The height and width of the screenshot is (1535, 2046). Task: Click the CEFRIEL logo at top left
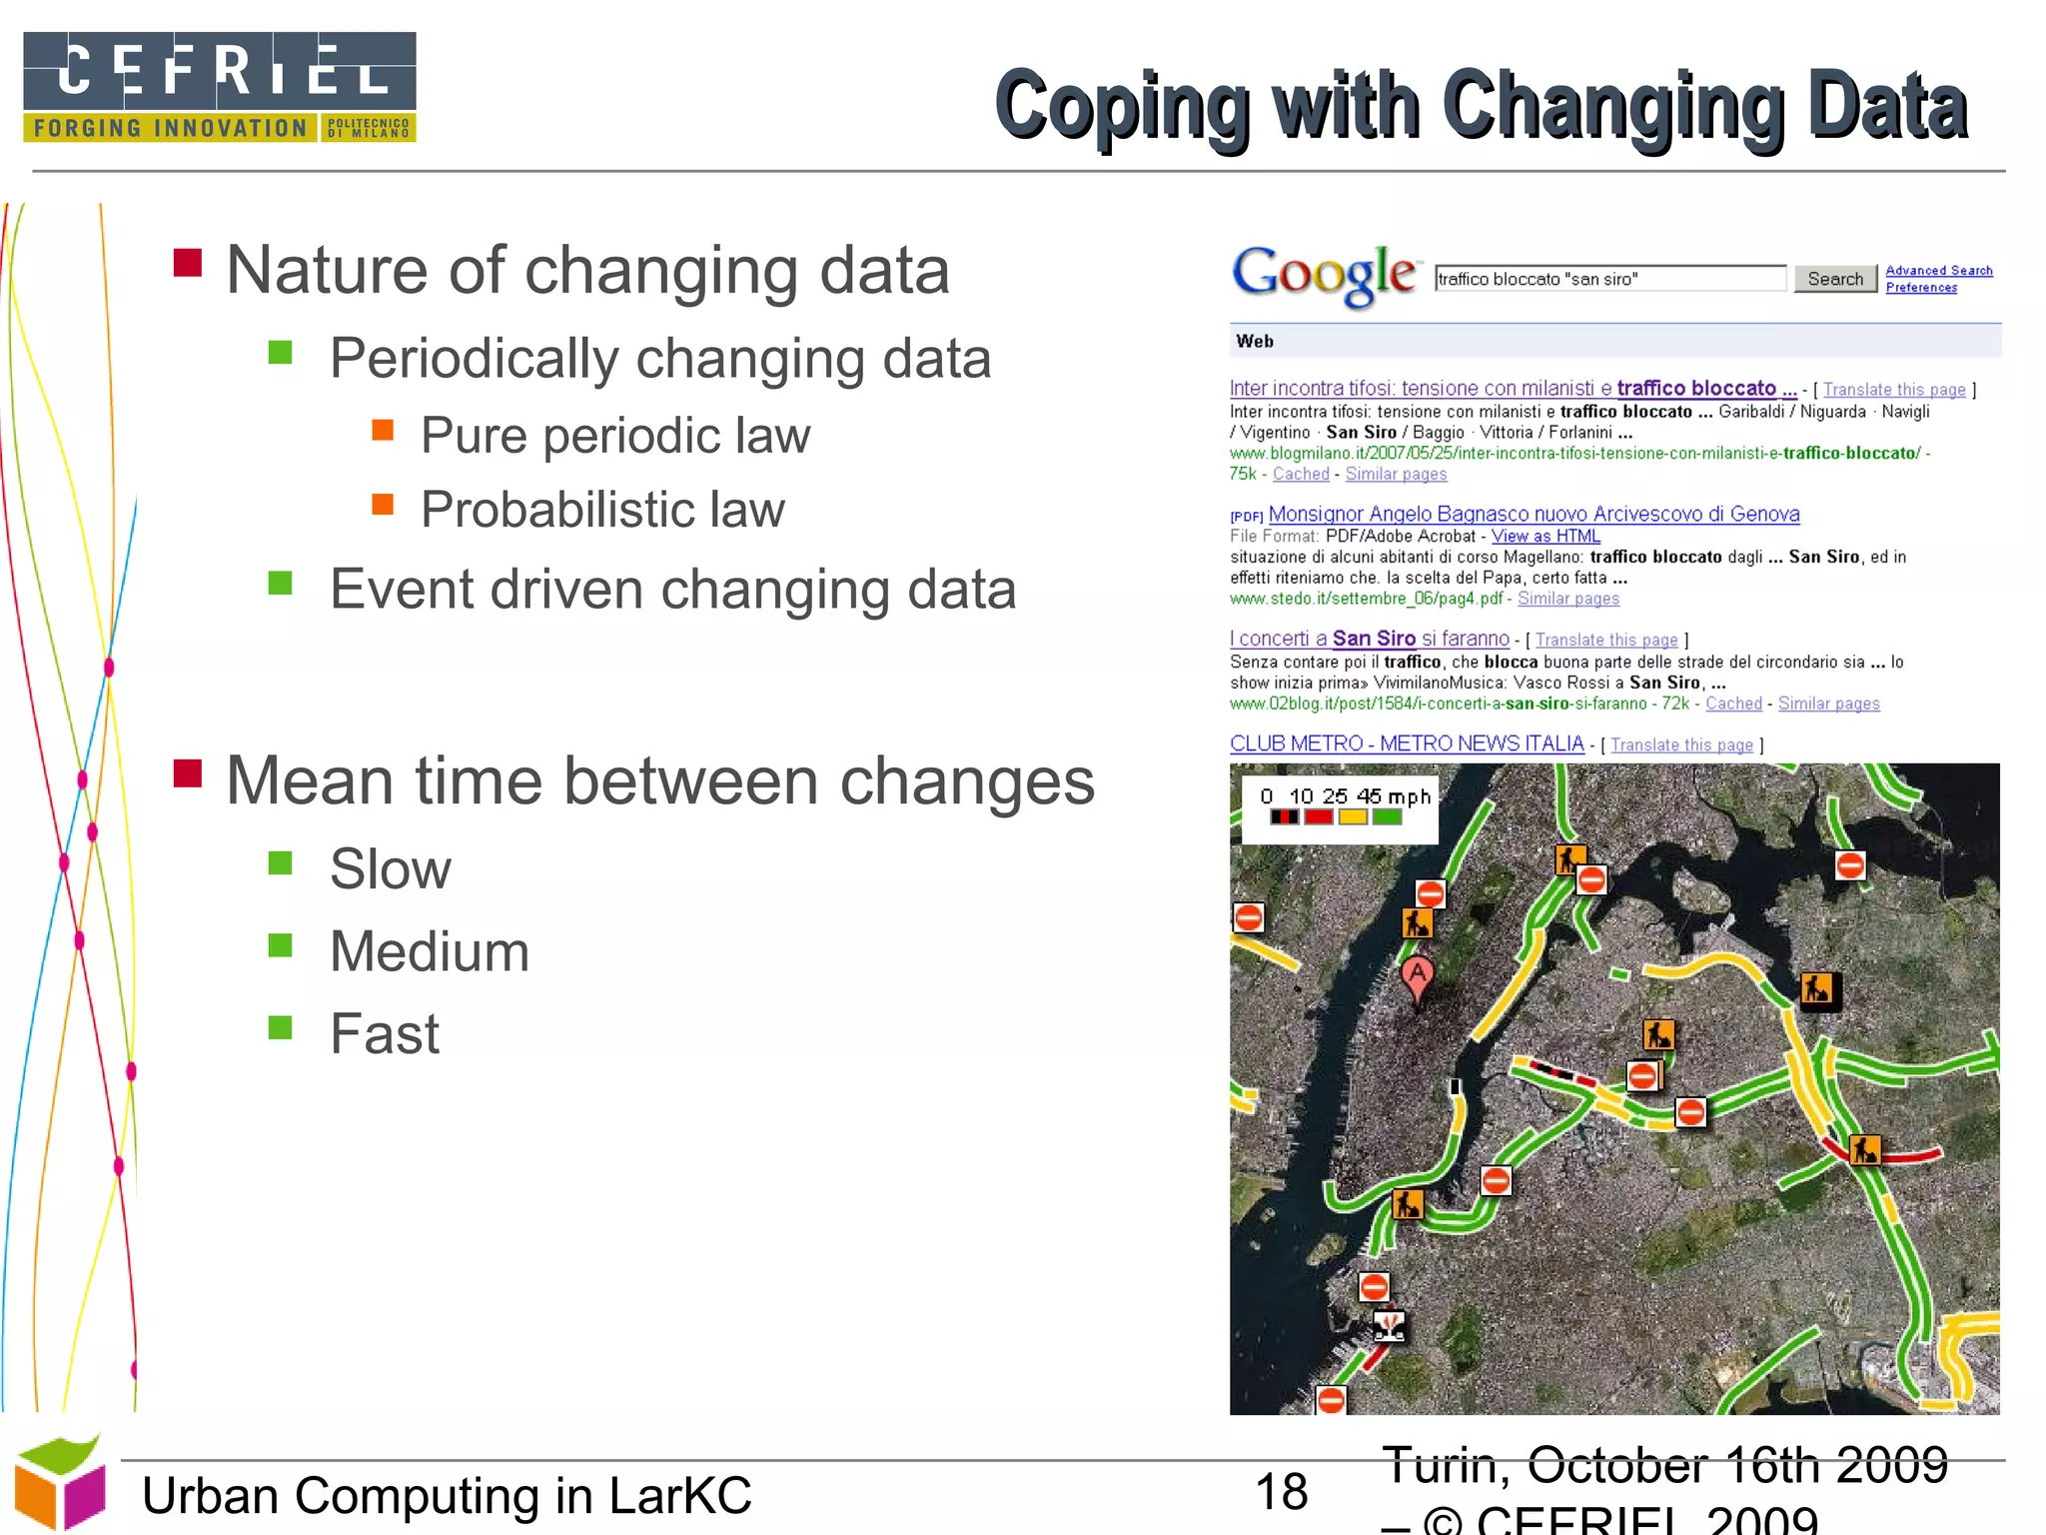220,87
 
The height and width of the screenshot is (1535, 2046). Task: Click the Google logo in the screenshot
1324,275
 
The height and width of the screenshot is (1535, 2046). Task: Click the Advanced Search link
1938,271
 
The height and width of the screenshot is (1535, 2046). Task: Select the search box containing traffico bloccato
1608,279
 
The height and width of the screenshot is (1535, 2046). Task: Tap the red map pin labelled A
1417,976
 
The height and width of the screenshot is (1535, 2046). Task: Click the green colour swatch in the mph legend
1387,817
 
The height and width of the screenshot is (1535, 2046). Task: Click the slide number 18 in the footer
1281,1492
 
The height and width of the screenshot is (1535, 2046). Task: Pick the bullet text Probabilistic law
602,510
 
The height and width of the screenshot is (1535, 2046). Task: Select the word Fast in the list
385,1033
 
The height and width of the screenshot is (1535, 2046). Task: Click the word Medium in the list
430,951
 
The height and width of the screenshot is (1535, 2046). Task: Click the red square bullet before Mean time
188,773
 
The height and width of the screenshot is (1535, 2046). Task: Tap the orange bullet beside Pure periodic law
383,431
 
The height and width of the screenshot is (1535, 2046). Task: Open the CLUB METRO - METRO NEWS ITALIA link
1406,744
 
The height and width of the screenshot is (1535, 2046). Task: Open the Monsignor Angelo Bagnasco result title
1534,514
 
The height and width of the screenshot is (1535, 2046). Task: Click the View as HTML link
1545,536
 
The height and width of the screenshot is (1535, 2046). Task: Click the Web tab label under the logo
1255,341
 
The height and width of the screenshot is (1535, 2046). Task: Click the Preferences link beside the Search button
1920,288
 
